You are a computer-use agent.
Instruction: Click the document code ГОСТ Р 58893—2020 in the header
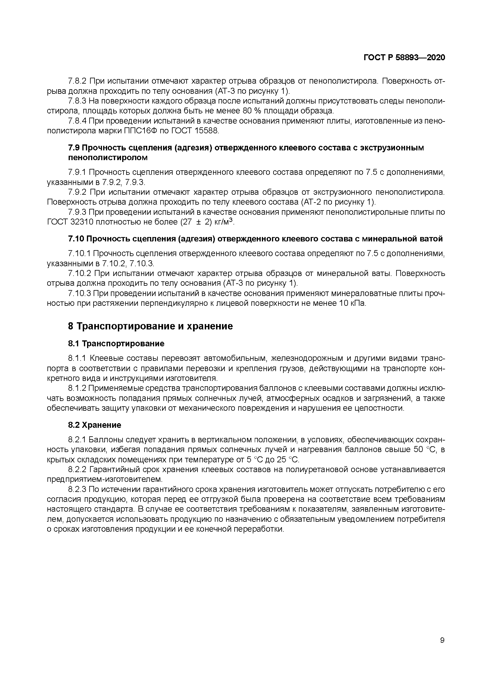[404, 58]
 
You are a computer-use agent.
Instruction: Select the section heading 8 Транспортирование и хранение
[150, 326]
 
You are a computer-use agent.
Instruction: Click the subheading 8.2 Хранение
[95, 425]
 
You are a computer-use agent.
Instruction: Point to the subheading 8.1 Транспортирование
[116, 344]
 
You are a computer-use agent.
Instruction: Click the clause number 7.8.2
[77, 81]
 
